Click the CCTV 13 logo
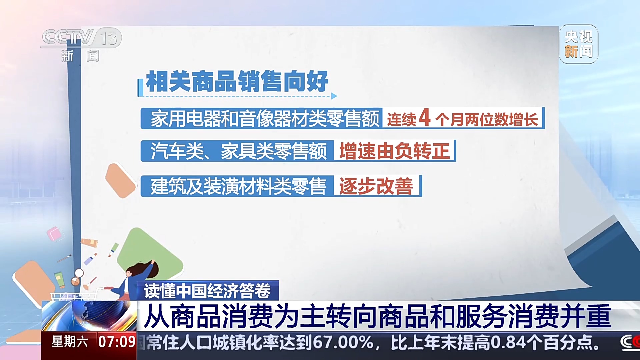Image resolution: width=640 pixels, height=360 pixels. point(81,45)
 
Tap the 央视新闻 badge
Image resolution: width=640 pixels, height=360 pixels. point(579,44)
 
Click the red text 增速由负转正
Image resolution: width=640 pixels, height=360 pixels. point(394,151)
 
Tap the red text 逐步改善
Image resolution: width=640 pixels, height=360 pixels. point(376,186)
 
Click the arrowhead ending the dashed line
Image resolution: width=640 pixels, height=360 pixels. point(334,96)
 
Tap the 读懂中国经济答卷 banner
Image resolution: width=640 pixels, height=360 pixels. point(208,291)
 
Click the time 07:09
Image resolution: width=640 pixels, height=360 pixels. point(117,342)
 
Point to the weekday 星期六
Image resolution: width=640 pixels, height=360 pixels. point(70,342)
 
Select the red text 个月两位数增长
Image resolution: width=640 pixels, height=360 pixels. point(487,119)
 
